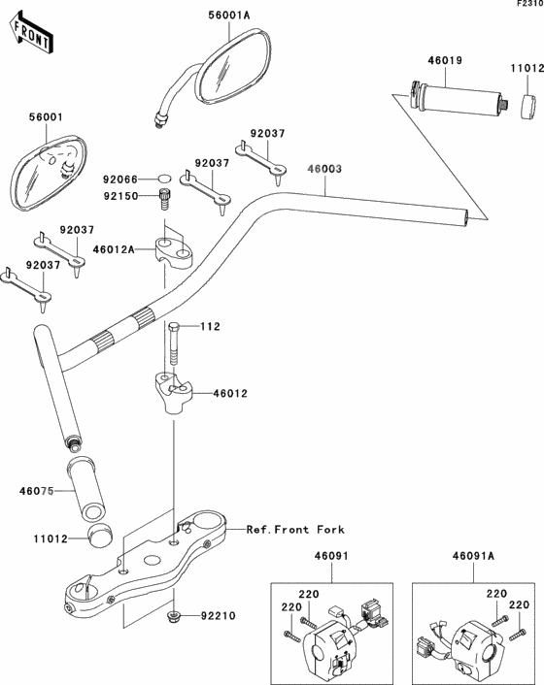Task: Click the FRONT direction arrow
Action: point(31,33)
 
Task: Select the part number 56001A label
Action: point(228,16)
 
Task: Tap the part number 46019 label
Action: point(445,60)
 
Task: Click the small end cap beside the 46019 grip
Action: point(527,106)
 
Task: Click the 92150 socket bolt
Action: point(164,199)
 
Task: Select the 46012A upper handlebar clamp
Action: point(174,251)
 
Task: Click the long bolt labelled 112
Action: point(174,343)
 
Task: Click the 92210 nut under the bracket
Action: point(173,616)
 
